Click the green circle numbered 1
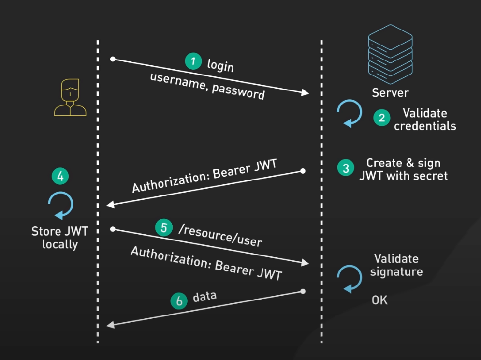[x=193, y=61]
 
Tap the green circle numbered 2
[x=381, y=118]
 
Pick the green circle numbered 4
[x=60, y=177]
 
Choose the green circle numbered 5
[x=164, y=227]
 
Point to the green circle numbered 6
[x=179, y=301]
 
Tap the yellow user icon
[x=70, y=97]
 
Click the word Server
[x=390, y=92]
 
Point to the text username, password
[x=207, y=86]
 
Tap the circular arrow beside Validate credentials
[x=350, y=113]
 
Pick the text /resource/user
[x=220, y=235]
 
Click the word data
[x=204, y=297]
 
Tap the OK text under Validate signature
[x=379, y=300]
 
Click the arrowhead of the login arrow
[x=306, y=92]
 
